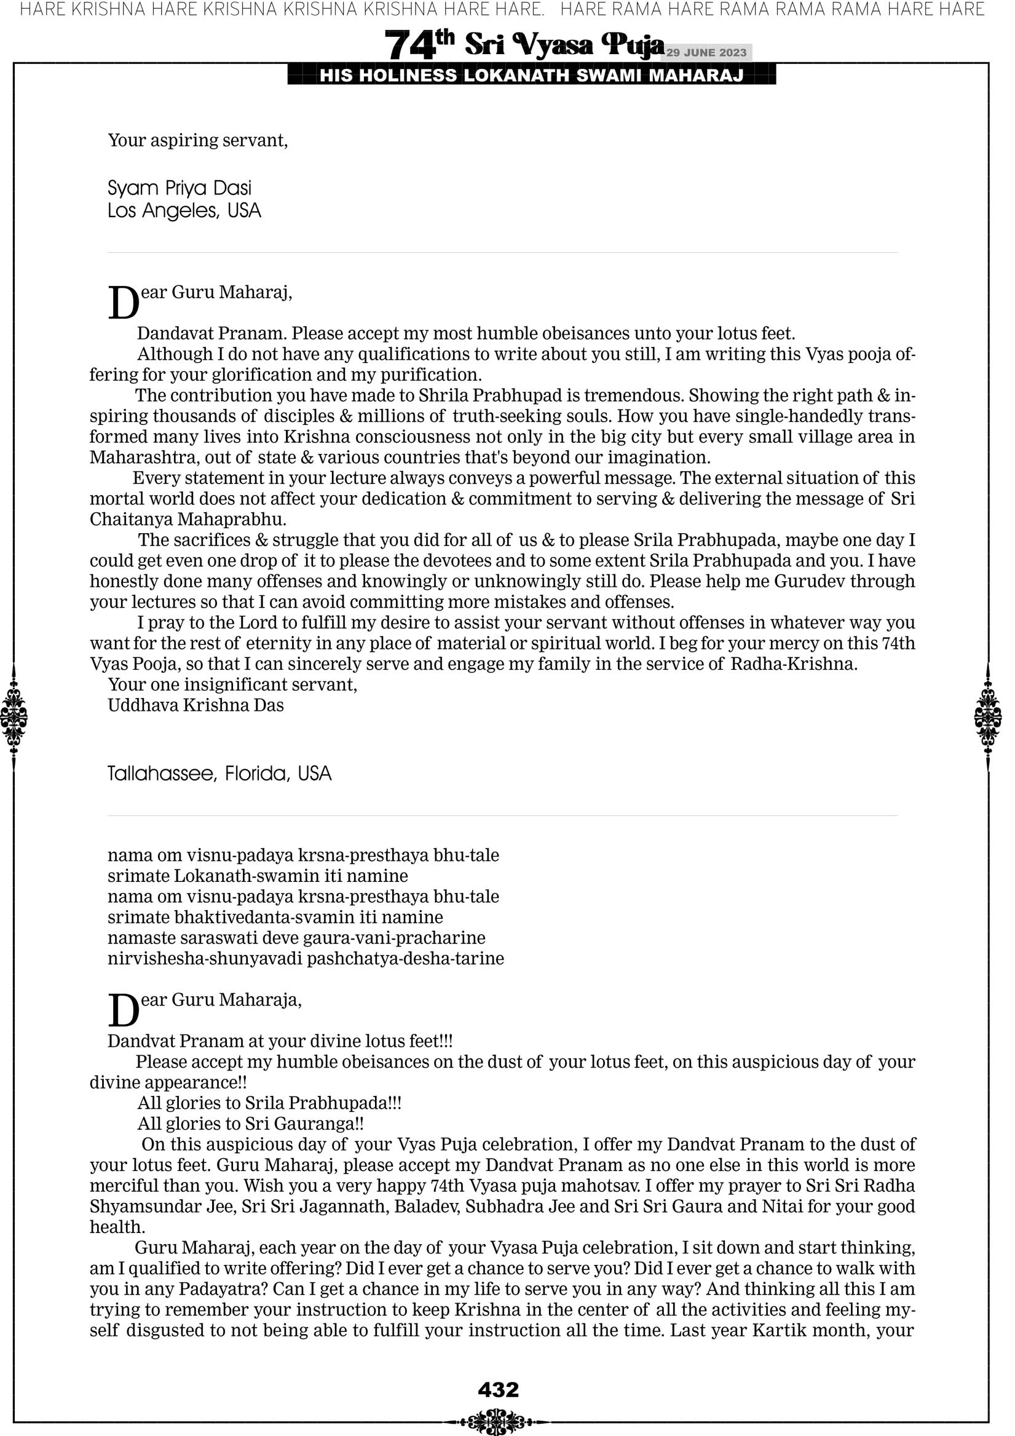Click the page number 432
(498, 1390)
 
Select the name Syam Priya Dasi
(180, 188)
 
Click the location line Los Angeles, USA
(184, 211)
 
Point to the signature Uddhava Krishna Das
(195, 705)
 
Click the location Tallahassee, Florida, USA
(219, 774)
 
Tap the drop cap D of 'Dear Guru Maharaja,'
(123, 1010)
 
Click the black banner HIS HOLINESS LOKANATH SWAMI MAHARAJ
(532, 76)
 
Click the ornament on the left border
(14, 716)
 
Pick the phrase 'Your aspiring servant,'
(197, 140)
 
